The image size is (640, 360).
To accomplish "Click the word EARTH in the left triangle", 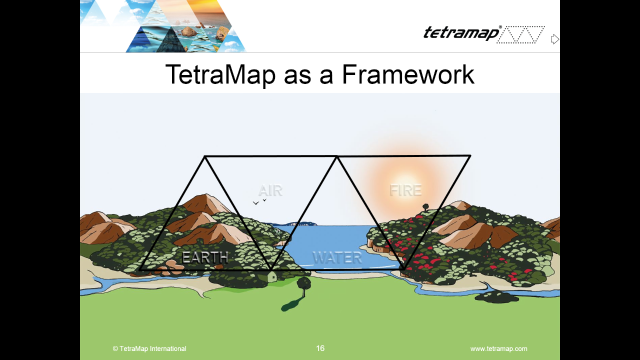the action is point(205,257).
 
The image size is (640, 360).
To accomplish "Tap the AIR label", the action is point(270,190).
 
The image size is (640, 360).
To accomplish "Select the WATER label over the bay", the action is point(337,257).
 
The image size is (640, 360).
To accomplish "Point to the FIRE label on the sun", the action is point(405,190).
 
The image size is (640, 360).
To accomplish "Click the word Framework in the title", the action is point(408,74).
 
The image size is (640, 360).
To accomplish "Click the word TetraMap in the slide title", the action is point(220,75).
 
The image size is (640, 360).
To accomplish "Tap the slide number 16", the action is point(320,348).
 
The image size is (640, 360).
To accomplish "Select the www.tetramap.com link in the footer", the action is point(499,349).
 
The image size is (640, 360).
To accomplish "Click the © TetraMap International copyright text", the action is point(149,349).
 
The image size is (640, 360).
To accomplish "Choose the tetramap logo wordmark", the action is point(461,33).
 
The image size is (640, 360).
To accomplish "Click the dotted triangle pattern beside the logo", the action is point(520,35).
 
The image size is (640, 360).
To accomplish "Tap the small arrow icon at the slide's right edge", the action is point(554,39).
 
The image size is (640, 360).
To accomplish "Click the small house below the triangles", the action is point(271,276).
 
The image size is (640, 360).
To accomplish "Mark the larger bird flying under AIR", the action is point(255,203).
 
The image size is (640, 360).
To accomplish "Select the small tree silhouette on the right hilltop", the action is point(425,207).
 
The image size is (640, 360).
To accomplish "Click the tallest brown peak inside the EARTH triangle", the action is point(205,203).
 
